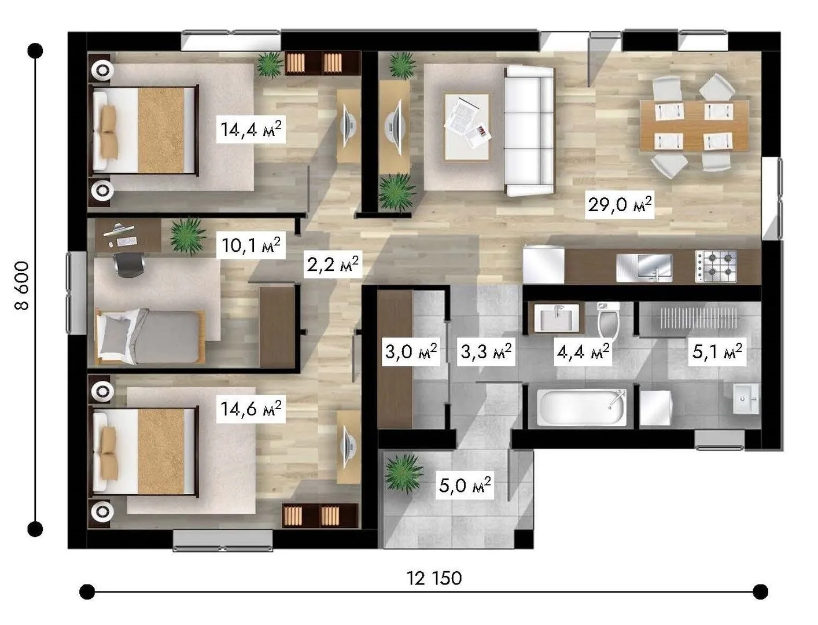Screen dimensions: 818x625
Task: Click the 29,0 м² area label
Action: click(x=620, y=205)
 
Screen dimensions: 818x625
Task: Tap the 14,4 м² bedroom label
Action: click(x=251, y=129)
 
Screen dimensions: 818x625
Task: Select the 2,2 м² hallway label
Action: click(x=333, y=264)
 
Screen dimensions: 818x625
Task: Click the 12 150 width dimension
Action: click(x=434, y=578)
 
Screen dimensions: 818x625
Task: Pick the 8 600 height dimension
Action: click(x=21, y=286)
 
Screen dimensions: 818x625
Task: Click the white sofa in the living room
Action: click(x=529, y=131)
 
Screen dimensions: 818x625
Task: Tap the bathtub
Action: click(x=581, y=407)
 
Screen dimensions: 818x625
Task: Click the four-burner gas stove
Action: click(x=716, y=266)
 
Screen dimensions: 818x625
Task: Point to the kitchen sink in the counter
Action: click(x=644, y=267)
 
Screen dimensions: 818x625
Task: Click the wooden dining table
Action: click(x=694, y=126)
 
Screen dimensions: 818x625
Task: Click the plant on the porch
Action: click(x=404, y=473)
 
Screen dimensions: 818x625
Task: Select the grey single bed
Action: click(x=150, y=336)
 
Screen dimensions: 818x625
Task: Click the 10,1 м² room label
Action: click(x=251, y=245)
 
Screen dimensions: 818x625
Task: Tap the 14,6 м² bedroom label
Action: click(x=251, y=409)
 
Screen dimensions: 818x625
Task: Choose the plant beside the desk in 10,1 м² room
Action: click(x=188, y=236)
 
